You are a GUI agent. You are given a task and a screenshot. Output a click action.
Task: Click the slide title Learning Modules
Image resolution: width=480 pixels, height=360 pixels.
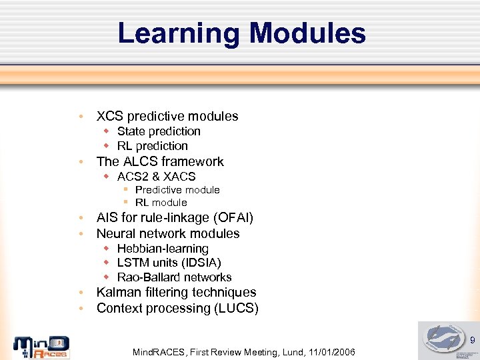tap(241, 33)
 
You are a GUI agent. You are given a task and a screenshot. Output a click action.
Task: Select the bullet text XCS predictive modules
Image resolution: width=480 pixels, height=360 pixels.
tap(167, 116)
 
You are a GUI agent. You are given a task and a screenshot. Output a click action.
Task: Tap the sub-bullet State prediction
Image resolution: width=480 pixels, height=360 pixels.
tap(159, 131)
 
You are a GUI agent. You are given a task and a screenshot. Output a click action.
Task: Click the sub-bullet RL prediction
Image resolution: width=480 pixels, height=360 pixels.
tap(152, 146)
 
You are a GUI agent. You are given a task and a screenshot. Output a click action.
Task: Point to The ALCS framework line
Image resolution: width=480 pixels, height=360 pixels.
tap(160, 161)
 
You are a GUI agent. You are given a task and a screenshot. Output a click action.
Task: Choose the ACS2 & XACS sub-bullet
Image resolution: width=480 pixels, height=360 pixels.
tap(156, 177)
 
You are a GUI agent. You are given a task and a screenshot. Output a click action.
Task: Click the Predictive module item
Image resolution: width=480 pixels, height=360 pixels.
tap(177, 190)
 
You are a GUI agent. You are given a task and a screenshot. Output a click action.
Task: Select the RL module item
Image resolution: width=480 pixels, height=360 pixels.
tap(161, 203)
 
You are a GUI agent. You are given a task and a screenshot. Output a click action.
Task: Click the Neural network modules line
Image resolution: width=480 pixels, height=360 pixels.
tap(168, 233)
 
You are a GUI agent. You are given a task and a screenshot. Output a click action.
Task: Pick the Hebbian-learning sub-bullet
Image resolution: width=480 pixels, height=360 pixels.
tap(163, 249)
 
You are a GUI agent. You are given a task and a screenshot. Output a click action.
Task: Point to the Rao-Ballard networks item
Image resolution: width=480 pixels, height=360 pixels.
tap(174, 277)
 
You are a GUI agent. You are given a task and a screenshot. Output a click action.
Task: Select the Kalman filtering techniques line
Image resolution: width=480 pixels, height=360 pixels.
tap(176, 292)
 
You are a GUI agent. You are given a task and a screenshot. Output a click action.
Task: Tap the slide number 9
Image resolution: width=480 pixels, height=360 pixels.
tap(472, 341)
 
